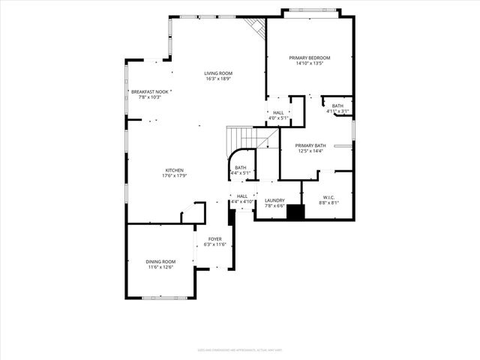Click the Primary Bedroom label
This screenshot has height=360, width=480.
click(310, 58)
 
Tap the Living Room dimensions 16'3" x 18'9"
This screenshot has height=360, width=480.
click(218, 79)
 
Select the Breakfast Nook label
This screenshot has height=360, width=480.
click(146, 91)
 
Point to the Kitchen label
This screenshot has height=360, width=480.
click(174, 170)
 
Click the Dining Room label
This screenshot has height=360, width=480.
click(160, 261)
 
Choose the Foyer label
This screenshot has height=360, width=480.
click(215, 238)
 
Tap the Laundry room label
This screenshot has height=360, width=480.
click(274, 200)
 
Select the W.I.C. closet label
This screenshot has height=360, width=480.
click(328, 198)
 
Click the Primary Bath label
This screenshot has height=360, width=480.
click(310, 145)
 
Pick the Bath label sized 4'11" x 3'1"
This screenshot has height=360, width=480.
click(337, 106)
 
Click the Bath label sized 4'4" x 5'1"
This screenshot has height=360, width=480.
click(241, 168)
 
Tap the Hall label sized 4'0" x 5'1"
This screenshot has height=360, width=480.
click(278, 112)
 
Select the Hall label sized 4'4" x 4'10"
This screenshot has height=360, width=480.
click(241, 196)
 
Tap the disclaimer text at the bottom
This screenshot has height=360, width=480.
click(240, 349)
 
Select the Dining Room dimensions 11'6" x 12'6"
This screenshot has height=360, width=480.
click(160, 267)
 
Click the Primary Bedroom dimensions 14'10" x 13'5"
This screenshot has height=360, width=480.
click(310, 64)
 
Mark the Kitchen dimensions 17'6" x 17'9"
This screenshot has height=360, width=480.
click(174, 176)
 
